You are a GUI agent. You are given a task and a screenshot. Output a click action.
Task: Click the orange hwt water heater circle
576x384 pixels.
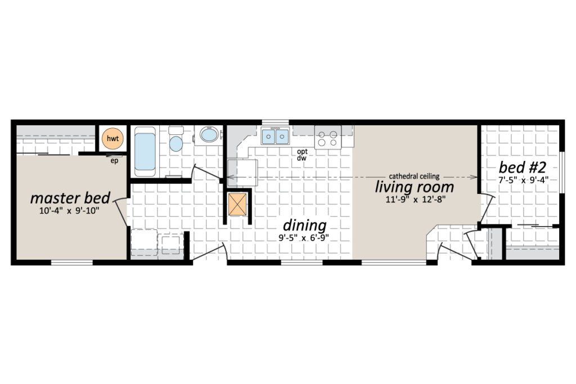112,138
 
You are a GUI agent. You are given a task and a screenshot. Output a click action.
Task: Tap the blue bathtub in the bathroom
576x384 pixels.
145,151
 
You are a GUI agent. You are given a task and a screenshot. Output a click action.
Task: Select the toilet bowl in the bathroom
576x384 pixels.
176,143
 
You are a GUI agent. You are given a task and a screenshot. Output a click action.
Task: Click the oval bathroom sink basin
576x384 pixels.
209,135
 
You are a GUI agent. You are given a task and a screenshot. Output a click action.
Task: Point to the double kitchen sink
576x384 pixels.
275,137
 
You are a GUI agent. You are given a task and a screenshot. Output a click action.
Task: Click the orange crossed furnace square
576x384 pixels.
238,204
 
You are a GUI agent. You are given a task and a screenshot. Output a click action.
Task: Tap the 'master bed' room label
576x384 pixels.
70,198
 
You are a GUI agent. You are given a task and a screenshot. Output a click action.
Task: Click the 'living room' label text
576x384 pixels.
415,187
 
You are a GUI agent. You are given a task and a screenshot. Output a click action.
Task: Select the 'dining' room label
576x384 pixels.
304,225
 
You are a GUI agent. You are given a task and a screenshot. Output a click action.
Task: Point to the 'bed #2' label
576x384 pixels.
523,168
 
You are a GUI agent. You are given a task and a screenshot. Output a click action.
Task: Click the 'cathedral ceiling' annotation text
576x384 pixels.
414,176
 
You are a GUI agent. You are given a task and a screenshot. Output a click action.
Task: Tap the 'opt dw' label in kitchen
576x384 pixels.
302,155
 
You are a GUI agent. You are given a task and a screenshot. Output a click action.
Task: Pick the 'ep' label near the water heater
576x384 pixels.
114,161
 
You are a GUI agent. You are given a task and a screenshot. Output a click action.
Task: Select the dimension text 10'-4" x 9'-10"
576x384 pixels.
69,211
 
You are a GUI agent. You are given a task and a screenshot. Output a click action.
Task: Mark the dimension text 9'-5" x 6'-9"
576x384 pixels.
303,237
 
